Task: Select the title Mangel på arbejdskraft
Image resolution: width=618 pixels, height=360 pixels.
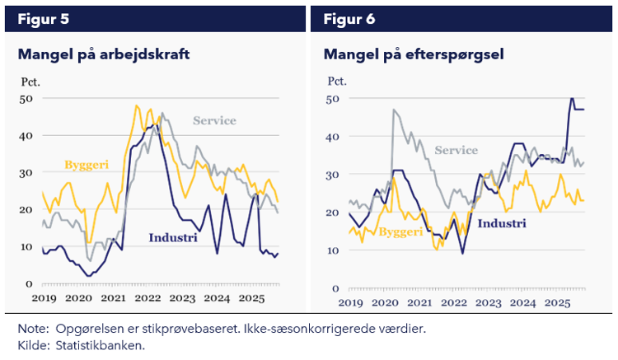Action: tap(104, 55)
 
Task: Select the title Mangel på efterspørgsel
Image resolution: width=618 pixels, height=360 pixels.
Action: tap(414, 55)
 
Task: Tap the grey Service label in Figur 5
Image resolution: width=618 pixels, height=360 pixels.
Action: tap(214, 121)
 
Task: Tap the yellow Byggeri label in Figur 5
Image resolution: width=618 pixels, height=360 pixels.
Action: tap(87, 165)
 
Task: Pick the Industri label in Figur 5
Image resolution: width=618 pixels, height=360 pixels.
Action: tap(175, 238)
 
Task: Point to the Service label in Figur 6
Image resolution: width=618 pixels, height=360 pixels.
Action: tap(456, 150)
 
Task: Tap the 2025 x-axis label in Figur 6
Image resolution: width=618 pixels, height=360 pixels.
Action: tap(557, 302)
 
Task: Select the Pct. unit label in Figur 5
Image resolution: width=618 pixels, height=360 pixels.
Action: tap(29, 82)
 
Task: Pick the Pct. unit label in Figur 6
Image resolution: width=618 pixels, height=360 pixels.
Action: tap(338, 81)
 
